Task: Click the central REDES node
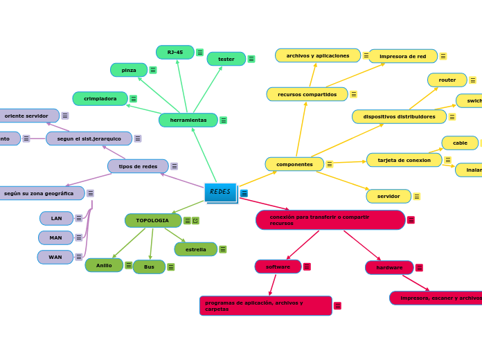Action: coord(220,192)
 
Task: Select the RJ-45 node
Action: coord(175,52)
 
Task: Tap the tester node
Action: coord(226,59)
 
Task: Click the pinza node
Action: coord(129,70)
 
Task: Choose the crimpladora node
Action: coord(100,99)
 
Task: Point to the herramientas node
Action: coord(188,120)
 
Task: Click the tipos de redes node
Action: coord(138,166)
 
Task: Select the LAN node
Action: coord(56,219)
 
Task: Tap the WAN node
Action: coord(55,258)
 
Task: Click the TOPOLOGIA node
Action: coord(152,220)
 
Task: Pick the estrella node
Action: coord(195,249)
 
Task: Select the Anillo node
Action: coord(104,265)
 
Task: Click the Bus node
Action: coord(149,267)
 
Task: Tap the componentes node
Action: coord(294,164)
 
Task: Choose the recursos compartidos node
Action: coord(307,94)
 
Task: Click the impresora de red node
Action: coord(402,56)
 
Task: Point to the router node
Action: coord(447,80)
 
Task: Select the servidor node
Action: coord(389,197)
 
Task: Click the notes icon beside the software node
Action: coord(307,267)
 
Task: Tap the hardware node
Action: coord(389,267)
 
